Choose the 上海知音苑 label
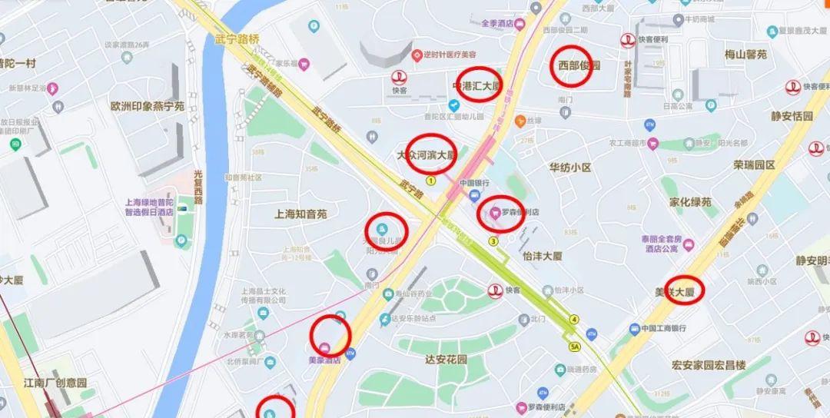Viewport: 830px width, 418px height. coord(300,214)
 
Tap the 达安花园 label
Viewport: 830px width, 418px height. coord(447,359)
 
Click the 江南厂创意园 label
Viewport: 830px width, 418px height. coord(55,382)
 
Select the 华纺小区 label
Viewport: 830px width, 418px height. coord(569,167)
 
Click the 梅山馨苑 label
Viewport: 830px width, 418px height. coord(745,55)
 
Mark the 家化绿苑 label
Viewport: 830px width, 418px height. coord(690,202)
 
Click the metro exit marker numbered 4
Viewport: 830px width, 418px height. coord(574,319)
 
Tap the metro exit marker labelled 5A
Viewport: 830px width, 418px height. coord(575,347)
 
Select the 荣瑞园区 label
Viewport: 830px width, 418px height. coord(754,164)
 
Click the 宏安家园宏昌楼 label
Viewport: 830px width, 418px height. coord(709,365)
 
